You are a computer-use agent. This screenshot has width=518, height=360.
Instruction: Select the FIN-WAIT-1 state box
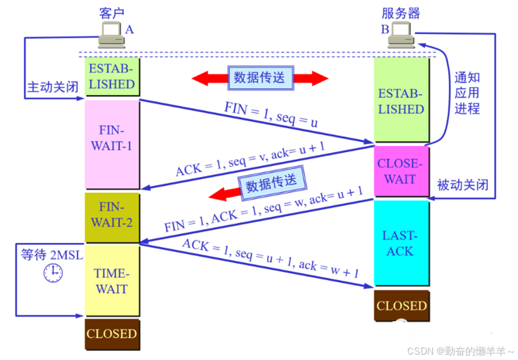[x=112, y=144]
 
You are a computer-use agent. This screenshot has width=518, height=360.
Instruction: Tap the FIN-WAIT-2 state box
[x=112, y=216]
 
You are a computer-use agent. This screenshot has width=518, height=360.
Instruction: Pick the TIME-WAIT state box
[x=112, y=280]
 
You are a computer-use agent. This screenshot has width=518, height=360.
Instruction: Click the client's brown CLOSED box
[x=112, y=334]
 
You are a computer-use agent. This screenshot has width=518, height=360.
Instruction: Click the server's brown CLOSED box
[x=401, y=305]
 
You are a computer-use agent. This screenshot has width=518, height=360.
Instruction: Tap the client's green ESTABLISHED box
[x=112, y=76]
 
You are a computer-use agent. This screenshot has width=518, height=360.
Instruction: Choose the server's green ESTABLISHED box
[x=401, y=101]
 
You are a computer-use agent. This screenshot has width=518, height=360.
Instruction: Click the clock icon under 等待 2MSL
[x=53, y=273]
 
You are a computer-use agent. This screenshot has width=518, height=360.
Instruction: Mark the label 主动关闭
[x=52, y=87]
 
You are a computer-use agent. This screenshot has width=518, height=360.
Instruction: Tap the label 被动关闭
[x=463, y=185]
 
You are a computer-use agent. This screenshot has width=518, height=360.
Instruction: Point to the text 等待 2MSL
[x=52, y=254]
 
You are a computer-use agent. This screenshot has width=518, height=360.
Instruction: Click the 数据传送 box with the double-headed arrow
[x=260, y=77]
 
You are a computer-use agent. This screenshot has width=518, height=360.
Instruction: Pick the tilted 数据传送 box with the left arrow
[x=271, y=183]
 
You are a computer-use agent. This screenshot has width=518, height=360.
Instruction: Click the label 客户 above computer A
[x=112, y=13]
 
